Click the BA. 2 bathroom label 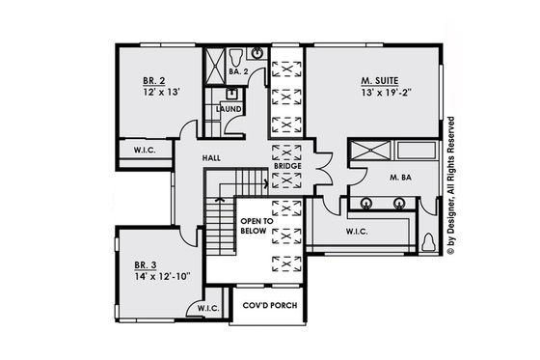click(x=241, y=70)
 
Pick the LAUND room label click(x=229, y=109)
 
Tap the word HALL click(x=214, y=156)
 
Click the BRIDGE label click(x=287, y=166)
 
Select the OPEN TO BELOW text click(x=256, y=227)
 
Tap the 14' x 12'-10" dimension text click(x=164, y=275)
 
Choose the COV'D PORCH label click(x=269, y=305)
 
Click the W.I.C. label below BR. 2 click(x=144, y=150)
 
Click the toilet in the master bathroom click(x=428, y=242)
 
